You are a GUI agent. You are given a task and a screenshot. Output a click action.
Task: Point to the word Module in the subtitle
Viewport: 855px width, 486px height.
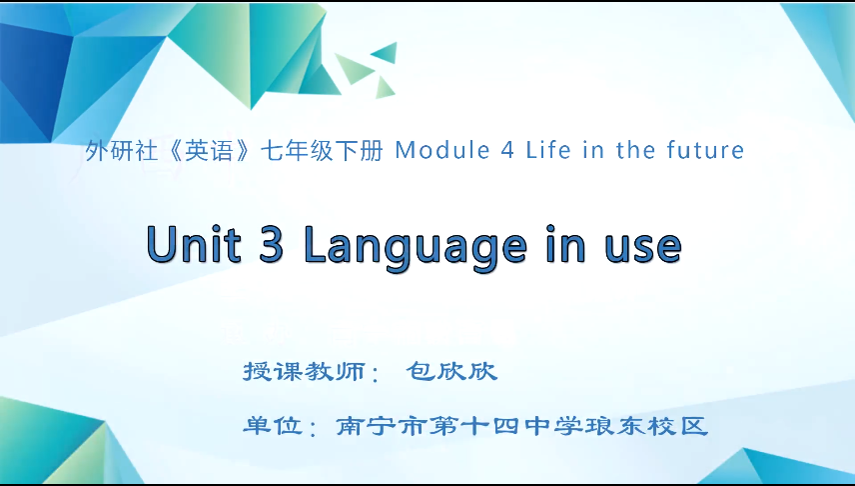(x=432, y=151)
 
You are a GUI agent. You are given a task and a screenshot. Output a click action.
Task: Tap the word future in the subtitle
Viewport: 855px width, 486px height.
(x=705, y=151)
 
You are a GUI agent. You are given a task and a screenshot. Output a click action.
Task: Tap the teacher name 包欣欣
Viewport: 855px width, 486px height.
(x=451, y=372)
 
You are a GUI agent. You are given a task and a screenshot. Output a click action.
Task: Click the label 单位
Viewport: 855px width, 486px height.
(x=272, y=426)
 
